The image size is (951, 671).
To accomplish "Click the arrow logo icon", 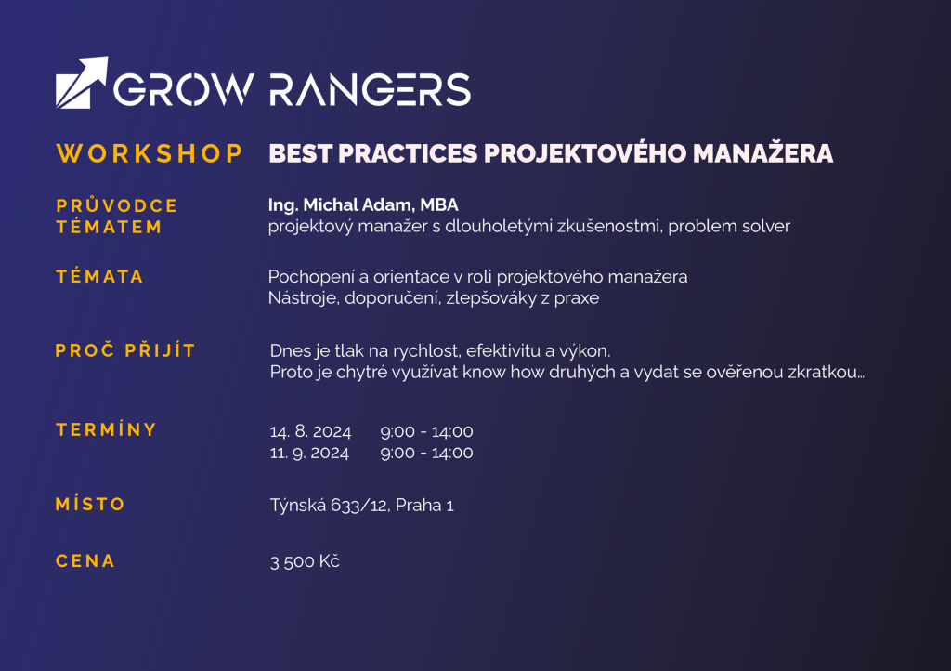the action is (82, 83).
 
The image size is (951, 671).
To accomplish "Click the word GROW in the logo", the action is (184, 90).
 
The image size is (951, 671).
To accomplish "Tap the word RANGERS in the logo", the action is (370, 90).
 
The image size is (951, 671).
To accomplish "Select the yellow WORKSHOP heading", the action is (150, 153).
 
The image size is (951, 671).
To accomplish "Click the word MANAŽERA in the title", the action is (763, 153).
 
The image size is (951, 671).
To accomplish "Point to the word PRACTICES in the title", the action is (408, 153).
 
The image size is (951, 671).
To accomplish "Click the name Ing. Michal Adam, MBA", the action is (363, 205).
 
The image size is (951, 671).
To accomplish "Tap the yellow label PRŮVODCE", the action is (117, 205).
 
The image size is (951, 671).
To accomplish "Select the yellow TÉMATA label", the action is (100, 277).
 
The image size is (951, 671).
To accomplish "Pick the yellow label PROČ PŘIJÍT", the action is (125, 350).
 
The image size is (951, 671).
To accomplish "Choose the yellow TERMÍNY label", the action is (107, 429).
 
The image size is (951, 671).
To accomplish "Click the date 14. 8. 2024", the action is (310, 431).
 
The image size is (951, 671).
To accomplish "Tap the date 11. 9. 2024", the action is (309, 453).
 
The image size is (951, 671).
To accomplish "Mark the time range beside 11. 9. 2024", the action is (427, 453).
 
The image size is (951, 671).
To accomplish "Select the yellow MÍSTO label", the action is (90, 504).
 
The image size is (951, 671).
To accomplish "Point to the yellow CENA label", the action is (85, 561).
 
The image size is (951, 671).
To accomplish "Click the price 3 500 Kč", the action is (305, 561).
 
